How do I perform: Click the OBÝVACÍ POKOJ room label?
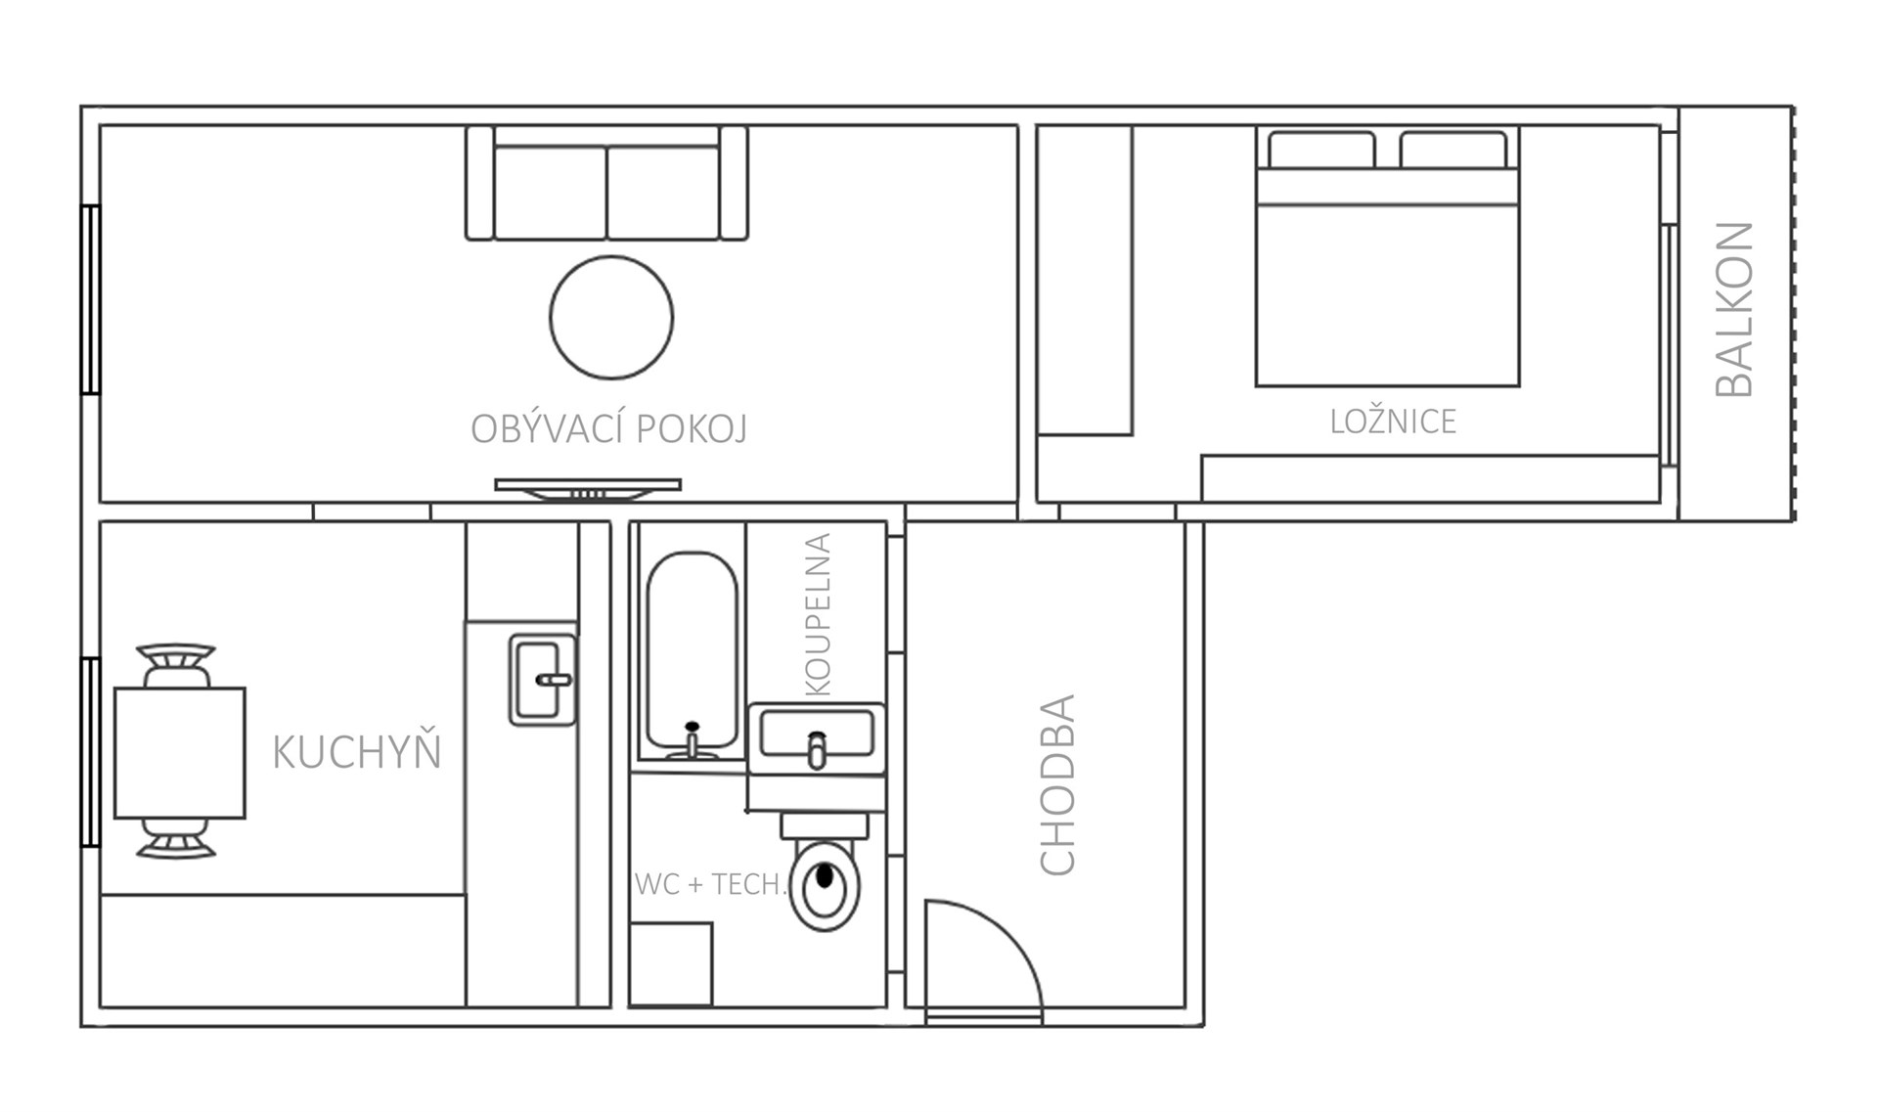point(608,428)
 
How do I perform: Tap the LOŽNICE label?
point(1393,422)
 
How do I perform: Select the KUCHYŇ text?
point(356,751)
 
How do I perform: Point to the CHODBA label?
point(1056,784)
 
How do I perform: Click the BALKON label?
point(1735,309)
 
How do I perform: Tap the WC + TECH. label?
point(711,884)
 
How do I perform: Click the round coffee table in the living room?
point(611,317)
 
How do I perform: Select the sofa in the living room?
point(606,183)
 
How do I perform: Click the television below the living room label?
point(588,489)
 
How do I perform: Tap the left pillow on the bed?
point(1321,150)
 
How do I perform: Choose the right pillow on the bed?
point(1453,150)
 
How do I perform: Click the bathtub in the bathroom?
point(692,655)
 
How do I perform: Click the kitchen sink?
point(543,680)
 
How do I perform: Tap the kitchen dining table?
point(180,752)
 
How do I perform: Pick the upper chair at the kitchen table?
point(176,665)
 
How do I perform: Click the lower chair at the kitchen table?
point(176,839)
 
